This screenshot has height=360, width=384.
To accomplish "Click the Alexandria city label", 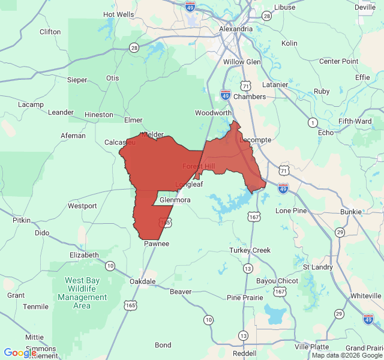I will [235, 29].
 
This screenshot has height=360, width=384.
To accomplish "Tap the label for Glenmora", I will [175, 200].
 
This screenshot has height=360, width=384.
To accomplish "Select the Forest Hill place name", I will [198, 166].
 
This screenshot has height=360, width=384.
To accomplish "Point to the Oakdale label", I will [143, 281].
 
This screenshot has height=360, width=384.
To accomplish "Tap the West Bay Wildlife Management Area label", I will [86, 293].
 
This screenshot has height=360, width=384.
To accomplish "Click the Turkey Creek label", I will [250, 250].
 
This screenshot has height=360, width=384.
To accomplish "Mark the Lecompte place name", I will [256, 140].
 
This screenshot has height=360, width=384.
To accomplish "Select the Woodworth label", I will [213, 113].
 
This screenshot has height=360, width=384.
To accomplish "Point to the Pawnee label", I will [157, 244].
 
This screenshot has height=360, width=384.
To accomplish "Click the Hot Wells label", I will [119, 14].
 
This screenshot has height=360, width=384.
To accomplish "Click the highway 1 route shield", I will [313, 122].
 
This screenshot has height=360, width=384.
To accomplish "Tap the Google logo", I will [20, 353].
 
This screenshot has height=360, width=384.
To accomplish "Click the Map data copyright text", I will [347, 355].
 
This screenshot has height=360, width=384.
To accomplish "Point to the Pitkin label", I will [22, 220].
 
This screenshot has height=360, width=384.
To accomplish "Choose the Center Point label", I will [339, 61].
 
